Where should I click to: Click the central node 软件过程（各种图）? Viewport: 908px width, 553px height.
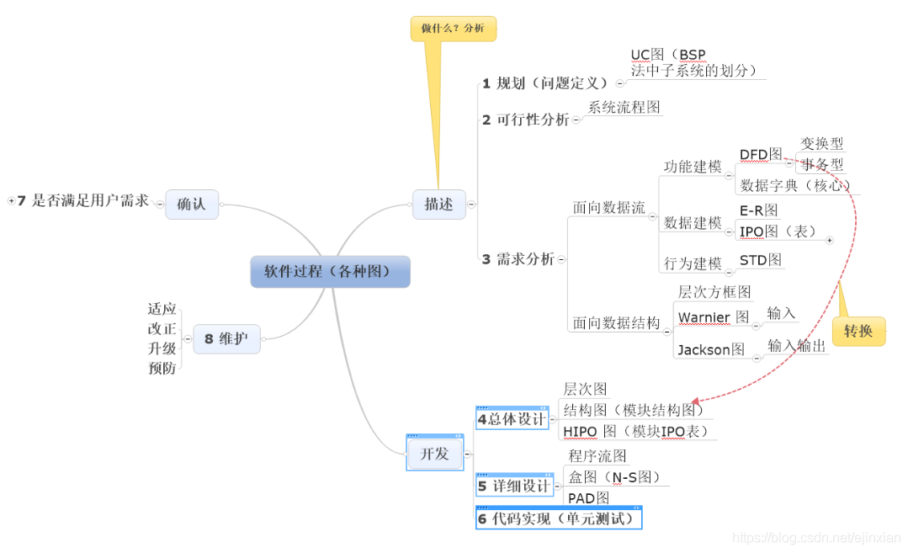click(x=330, y=272)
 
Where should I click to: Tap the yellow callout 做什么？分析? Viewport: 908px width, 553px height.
click(x=453, y=29)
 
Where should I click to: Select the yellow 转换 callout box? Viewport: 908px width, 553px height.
click(x=858, y=332)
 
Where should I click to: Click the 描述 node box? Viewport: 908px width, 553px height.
click(x=438, y=204)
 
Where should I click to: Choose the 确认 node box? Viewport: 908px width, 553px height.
click(x=191, y=204)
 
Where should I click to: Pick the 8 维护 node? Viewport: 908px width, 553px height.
click(x=226, y=339)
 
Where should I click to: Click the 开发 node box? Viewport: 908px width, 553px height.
click(x=434, y=454)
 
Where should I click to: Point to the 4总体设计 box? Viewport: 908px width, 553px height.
click(x=512, y=418)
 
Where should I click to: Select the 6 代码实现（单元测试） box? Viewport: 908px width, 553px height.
click(x=558, y=518)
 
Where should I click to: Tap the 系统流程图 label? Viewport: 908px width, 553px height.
click(x=624, y=108)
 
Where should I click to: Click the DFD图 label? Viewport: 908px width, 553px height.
click(x=761, y=155)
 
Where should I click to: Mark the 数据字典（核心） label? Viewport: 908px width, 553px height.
click(x=795, y=185)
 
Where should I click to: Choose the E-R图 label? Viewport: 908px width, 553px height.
click(x=758, y=210)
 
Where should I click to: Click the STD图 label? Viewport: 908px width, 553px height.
click(x=761, y=260)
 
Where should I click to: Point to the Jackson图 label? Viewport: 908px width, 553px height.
click(x=711, y=349)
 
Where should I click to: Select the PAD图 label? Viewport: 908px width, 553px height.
click(x=588, y=498)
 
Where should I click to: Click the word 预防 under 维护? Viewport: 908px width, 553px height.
click(x=162, y=369)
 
